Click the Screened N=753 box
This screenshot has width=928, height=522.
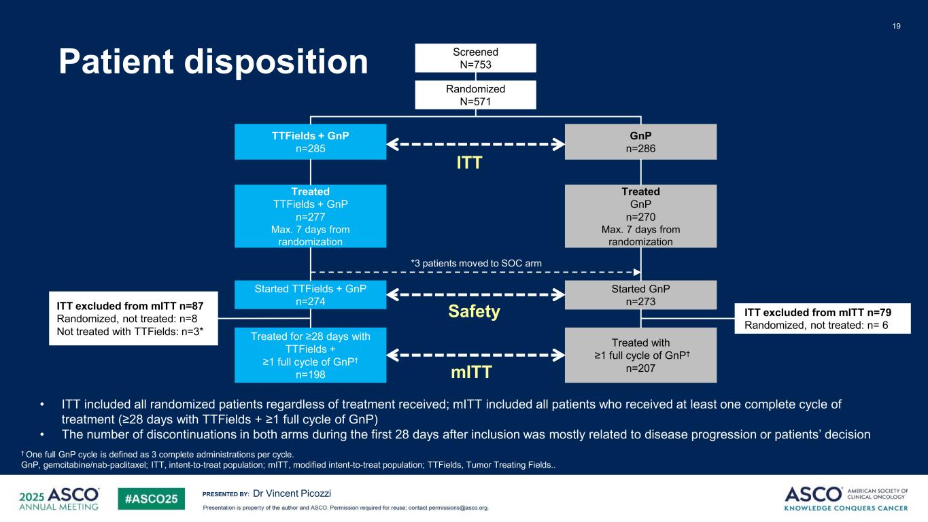(x=475, y=58)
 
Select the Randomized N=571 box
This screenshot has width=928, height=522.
(x=475, y=94)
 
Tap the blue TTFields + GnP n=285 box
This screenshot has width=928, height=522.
(x=310, y=141)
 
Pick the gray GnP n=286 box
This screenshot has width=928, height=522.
(x=640, y=141)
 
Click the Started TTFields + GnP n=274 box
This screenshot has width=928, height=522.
(x=310, y=294)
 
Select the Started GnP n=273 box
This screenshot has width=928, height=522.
(x=640, y=294)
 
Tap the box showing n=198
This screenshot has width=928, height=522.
(x=310, y=355)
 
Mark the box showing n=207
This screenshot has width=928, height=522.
(x=640, y=355)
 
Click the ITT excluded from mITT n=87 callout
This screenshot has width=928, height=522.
(x=134, y=318)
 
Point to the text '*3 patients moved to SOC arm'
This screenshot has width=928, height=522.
(x=475, y=262)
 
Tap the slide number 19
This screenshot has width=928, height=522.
(x=896, y=26)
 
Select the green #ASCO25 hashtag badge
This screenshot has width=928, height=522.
(x=151, y=498)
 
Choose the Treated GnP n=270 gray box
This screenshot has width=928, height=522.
(x=640, y=216)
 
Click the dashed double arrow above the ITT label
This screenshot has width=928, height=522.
(x=475, y=143)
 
